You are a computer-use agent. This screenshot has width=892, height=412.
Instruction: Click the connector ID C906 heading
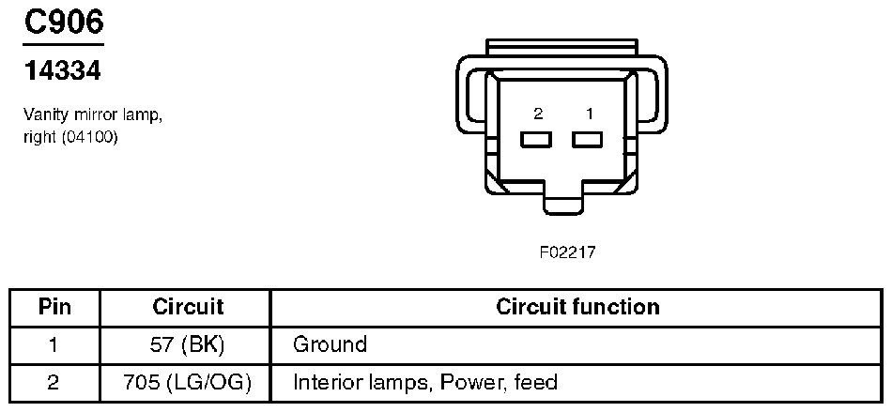coord(63,23)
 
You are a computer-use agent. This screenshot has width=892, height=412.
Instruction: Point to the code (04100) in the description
coord(91,136)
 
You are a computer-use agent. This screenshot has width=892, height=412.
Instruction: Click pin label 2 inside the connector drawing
coord(538,114)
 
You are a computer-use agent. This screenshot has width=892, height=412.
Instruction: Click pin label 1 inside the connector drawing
coord(589,114)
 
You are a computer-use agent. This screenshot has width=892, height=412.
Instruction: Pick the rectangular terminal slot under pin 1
coord(588,140)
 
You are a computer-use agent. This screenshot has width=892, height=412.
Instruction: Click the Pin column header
coord(54,307)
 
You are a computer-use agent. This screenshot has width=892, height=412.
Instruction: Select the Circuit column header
coord(188,307)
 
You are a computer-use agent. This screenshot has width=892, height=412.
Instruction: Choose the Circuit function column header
coord(577,307)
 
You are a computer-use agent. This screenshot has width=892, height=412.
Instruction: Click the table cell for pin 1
coord(54,344)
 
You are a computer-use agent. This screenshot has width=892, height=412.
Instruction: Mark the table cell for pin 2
coord(54,382)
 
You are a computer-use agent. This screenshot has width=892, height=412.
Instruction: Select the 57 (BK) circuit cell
coord(188,344)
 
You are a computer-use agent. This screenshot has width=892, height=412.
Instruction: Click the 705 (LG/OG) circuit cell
coord(188,382)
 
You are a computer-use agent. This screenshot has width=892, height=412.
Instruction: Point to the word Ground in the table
coord(330,344)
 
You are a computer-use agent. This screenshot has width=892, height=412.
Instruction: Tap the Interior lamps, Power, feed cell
coord(425,382)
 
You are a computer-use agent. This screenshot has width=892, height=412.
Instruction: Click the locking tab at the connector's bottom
coord(563,205)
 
